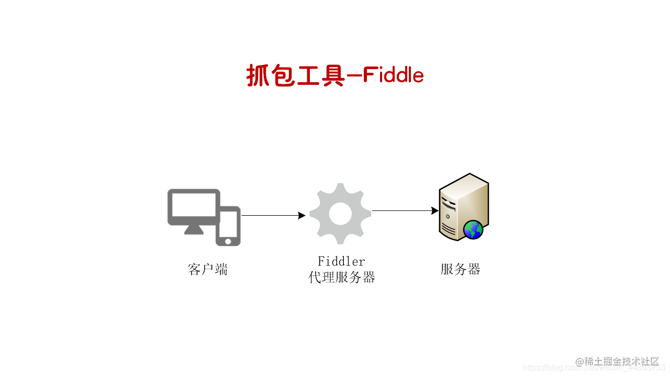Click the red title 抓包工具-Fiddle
(335, 76)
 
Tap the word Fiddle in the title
(393, 76)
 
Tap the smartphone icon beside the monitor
(228, 225)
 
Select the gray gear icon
(340, 213)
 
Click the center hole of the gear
(340, 213)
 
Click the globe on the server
(473, 229)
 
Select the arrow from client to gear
(272, 215)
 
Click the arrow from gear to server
(403, 210)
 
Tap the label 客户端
(208, 270)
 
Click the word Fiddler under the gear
(341, 261)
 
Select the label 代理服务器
(342, 278)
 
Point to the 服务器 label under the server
(461, 270)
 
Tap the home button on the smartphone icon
(228, 241)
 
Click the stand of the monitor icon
(194, 229)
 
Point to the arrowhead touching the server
(435, 210)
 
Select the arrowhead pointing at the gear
(301, 215)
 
